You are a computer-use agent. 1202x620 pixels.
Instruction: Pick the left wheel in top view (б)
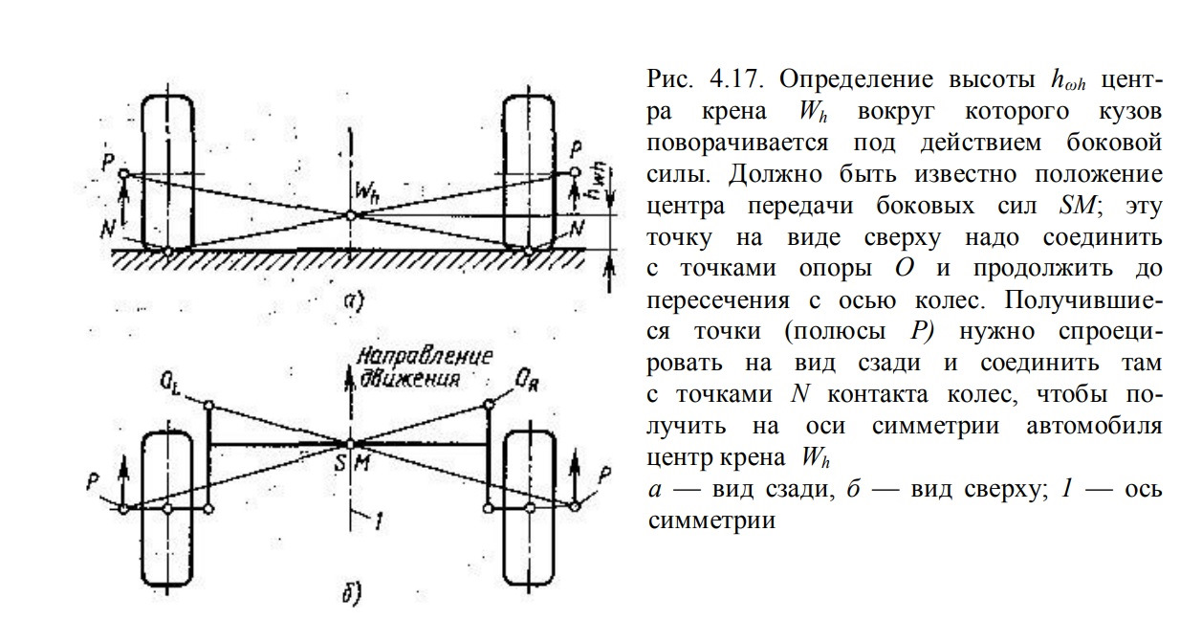click(x=167, y=507)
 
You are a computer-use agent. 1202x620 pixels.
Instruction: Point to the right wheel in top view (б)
click(x=529, y=507)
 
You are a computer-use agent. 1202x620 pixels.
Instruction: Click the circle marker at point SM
click(x=351, y=444)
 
